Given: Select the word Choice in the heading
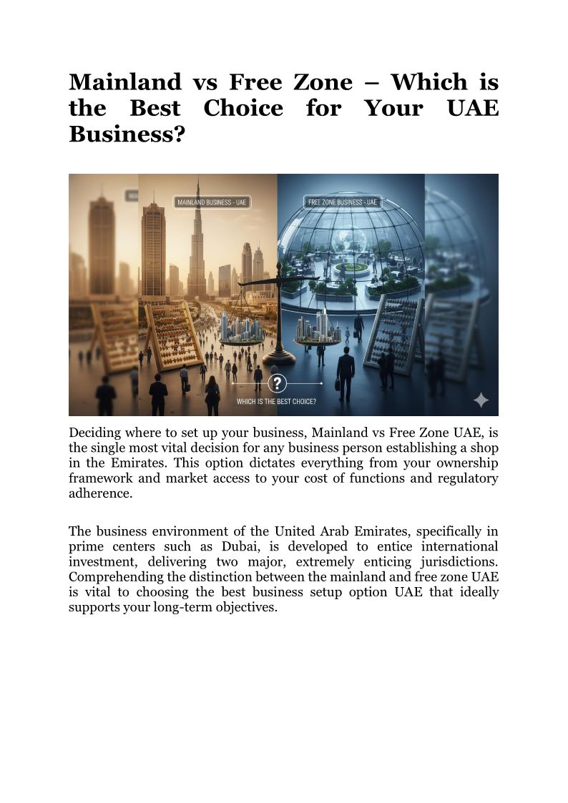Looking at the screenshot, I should coord(243,109).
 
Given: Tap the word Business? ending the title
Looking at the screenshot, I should coord(122,134).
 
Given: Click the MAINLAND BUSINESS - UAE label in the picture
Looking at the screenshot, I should coord(212,202).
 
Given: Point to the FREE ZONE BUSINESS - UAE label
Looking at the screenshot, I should coord(342,202).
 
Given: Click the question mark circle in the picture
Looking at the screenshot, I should coord(277,382).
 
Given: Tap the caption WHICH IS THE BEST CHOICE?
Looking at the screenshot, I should coord(277,401).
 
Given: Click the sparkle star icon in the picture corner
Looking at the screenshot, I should coord(481,400).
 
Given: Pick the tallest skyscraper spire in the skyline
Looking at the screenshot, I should coord(196,236).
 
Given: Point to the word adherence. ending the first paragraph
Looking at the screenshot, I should coord(101,494).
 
